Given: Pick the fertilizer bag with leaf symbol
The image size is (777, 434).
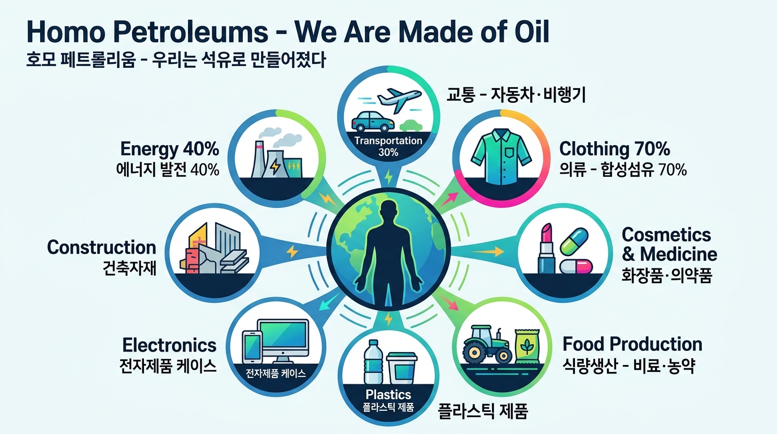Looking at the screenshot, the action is [x=527, y=346].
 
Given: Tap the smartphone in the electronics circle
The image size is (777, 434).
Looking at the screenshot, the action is [x=252, y=348].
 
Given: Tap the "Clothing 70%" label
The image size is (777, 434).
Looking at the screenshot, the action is [x=614, y=149].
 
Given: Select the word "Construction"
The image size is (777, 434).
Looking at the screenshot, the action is [x=102, y=248].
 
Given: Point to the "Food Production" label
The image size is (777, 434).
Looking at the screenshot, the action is [x=632, y=344].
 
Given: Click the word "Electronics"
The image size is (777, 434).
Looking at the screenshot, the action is [x=169, y=345].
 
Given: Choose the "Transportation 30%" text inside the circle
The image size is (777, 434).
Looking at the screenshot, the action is [x=388, y=146].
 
